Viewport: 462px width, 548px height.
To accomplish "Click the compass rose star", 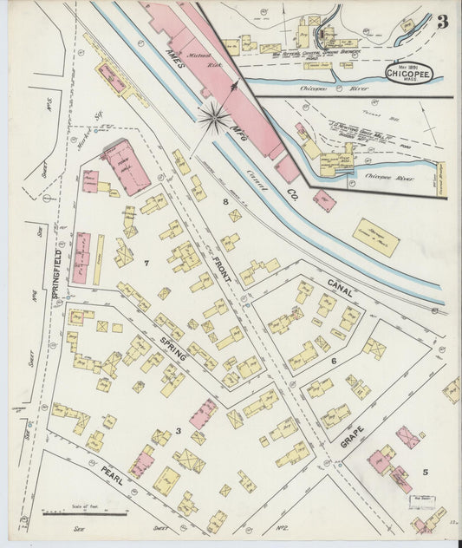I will click(213, 117).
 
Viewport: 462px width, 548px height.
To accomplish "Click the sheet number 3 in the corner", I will click(442, 22).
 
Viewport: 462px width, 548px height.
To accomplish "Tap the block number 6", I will click(331, 360).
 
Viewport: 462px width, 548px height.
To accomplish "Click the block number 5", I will click(425, 472).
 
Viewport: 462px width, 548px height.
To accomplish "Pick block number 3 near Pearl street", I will click(178, 431).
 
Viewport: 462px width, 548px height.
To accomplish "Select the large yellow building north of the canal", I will click(375, 238).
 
